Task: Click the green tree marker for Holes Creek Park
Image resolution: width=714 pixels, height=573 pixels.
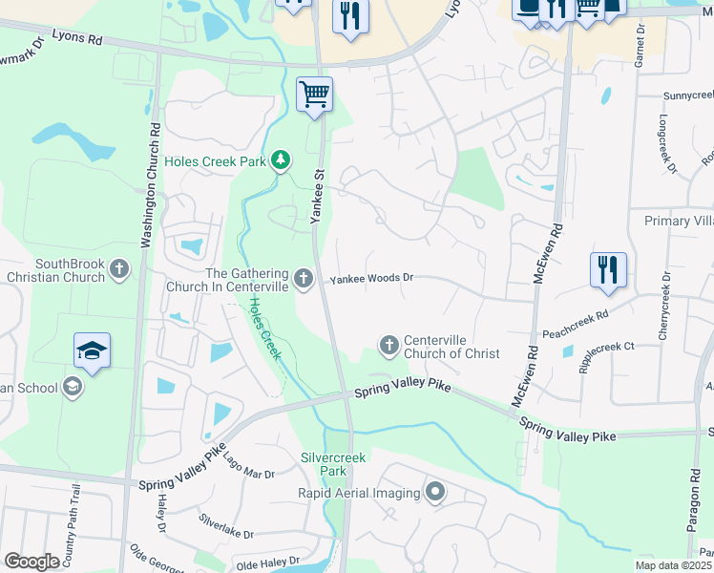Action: click(x=281, y=160)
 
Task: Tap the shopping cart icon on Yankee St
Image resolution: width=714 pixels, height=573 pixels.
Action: click(x=314, y=95)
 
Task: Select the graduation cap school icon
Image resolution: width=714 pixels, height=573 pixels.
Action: click(x=92, y=351)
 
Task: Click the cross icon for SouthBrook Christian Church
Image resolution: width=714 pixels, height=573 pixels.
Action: click(x=119, y=270)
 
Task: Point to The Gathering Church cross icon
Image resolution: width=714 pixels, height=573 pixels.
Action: click(x=304, y=278)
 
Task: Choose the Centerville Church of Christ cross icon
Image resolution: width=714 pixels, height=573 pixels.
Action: click(x=388, y=345)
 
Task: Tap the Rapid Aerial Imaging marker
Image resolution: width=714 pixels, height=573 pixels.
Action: click(x=435, y=493)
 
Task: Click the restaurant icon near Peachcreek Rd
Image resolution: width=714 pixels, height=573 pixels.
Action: click(x=608, y=270)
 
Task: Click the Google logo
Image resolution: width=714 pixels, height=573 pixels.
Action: click(x=32, y=562)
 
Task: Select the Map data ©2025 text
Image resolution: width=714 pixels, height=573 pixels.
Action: click(x=674, y=565)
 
